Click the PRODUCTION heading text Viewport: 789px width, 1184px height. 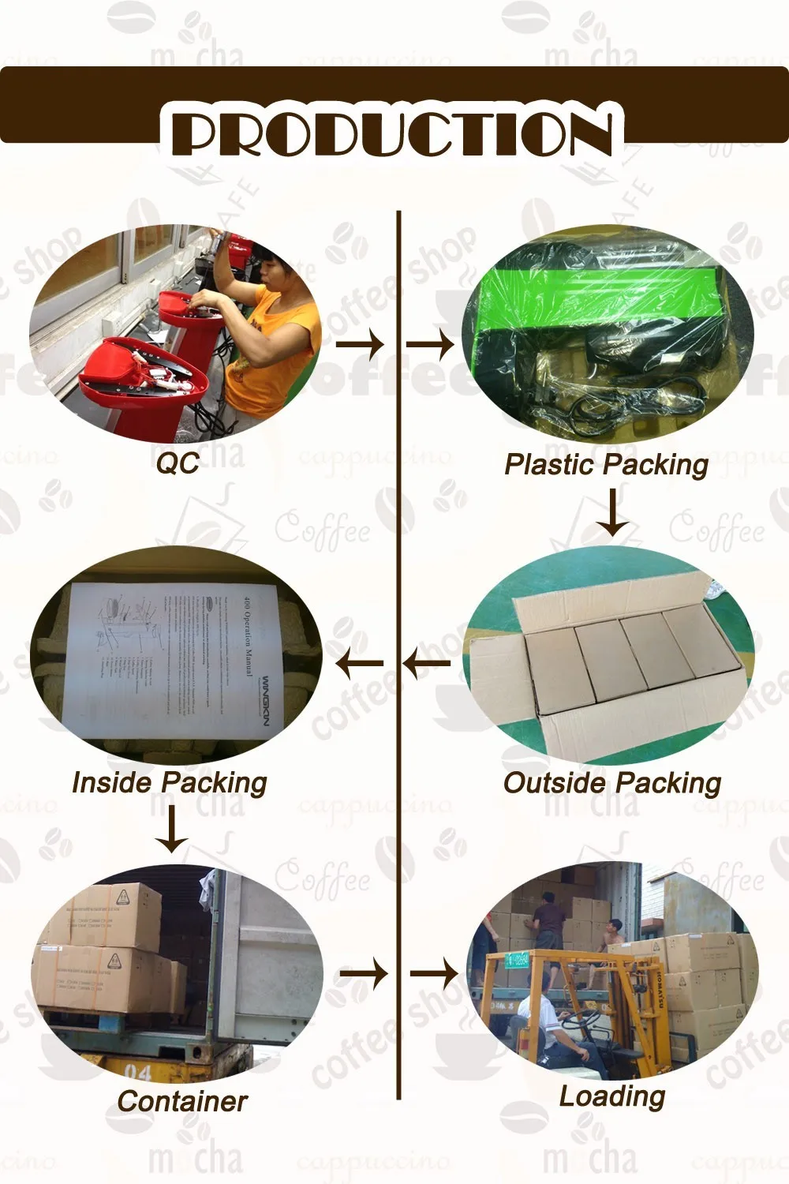pos(392,133)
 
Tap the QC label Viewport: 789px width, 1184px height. pos(178,463)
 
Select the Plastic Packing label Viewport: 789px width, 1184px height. pos(606,464)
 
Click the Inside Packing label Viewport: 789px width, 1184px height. pos(170,782)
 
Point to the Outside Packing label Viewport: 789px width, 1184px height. pos(612,783)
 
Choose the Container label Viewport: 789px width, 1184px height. pos(181,1101)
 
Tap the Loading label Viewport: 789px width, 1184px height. pos(612,1096)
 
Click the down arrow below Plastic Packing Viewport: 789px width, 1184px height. pos(611,512)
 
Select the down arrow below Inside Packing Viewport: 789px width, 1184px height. pos(171,831)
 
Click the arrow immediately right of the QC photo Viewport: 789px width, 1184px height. pos(360,344)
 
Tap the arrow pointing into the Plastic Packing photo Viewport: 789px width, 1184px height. pos(430,344)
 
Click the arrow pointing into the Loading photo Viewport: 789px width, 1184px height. pos(434,974)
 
